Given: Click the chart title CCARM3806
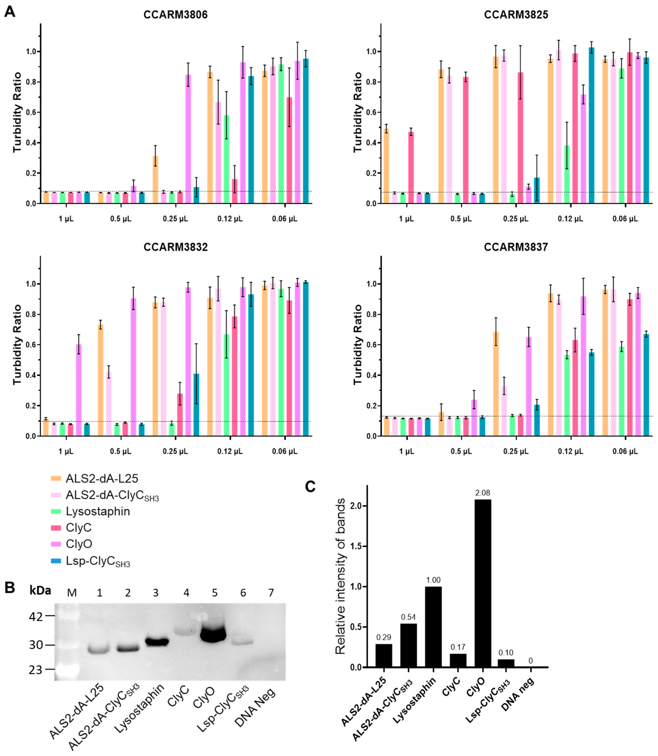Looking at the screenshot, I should (x=176, y=15).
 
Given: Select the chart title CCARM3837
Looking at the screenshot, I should (x=516, y=247).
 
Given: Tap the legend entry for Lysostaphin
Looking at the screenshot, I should (x=98, y=511).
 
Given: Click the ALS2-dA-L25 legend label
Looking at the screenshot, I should (x=102, y=478).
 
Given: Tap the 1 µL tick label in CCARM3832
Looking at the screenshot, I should (x=66, y=451).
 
